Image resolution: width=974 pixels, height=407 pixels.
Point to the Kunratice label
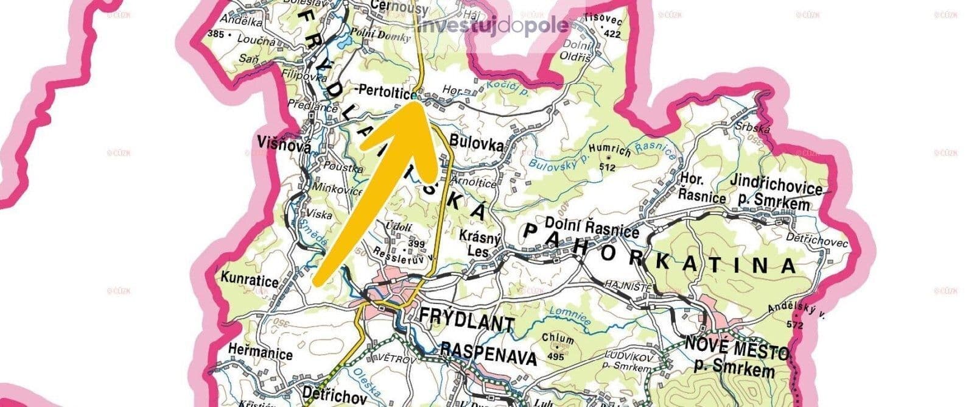250,281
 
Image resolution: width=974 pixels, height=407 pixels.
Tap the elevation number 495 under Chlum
556,356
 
